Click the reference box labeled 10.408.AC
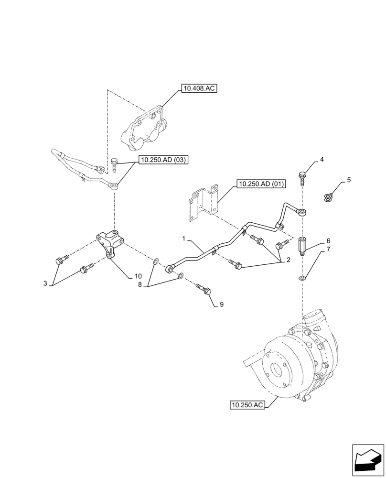point(199,88)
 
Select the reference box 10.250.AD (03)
point(163,161)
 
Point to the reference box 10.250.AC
point(247,405)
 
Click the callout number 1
point(183,238)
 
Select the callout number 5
point(348,180)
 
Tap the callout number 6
point(328,241)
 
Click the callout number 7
point(328,250)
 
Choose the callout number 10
point(138,276)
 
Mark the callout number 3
point(45,283)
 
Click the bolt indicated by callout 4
point(302,177)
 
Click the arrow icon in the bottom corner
point(368,461)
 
